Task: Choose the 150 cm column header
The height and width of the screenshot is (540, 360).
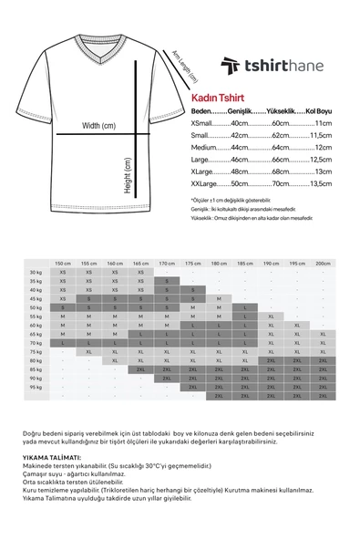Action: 63,263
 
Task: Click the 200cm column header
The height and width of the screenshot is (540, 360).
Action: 323,263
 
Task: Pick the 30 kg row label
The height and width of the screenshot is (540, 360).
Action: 36,272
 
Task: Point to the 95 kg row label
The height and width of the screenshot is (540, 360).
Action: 36,387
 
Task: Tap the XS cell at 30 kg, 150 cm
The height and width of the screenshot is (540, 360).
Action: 63,272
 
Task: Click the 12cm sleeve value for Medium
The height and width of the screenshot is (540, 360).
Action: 322,146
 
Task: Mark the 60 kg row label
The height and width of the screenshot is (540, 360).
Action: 36,325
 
